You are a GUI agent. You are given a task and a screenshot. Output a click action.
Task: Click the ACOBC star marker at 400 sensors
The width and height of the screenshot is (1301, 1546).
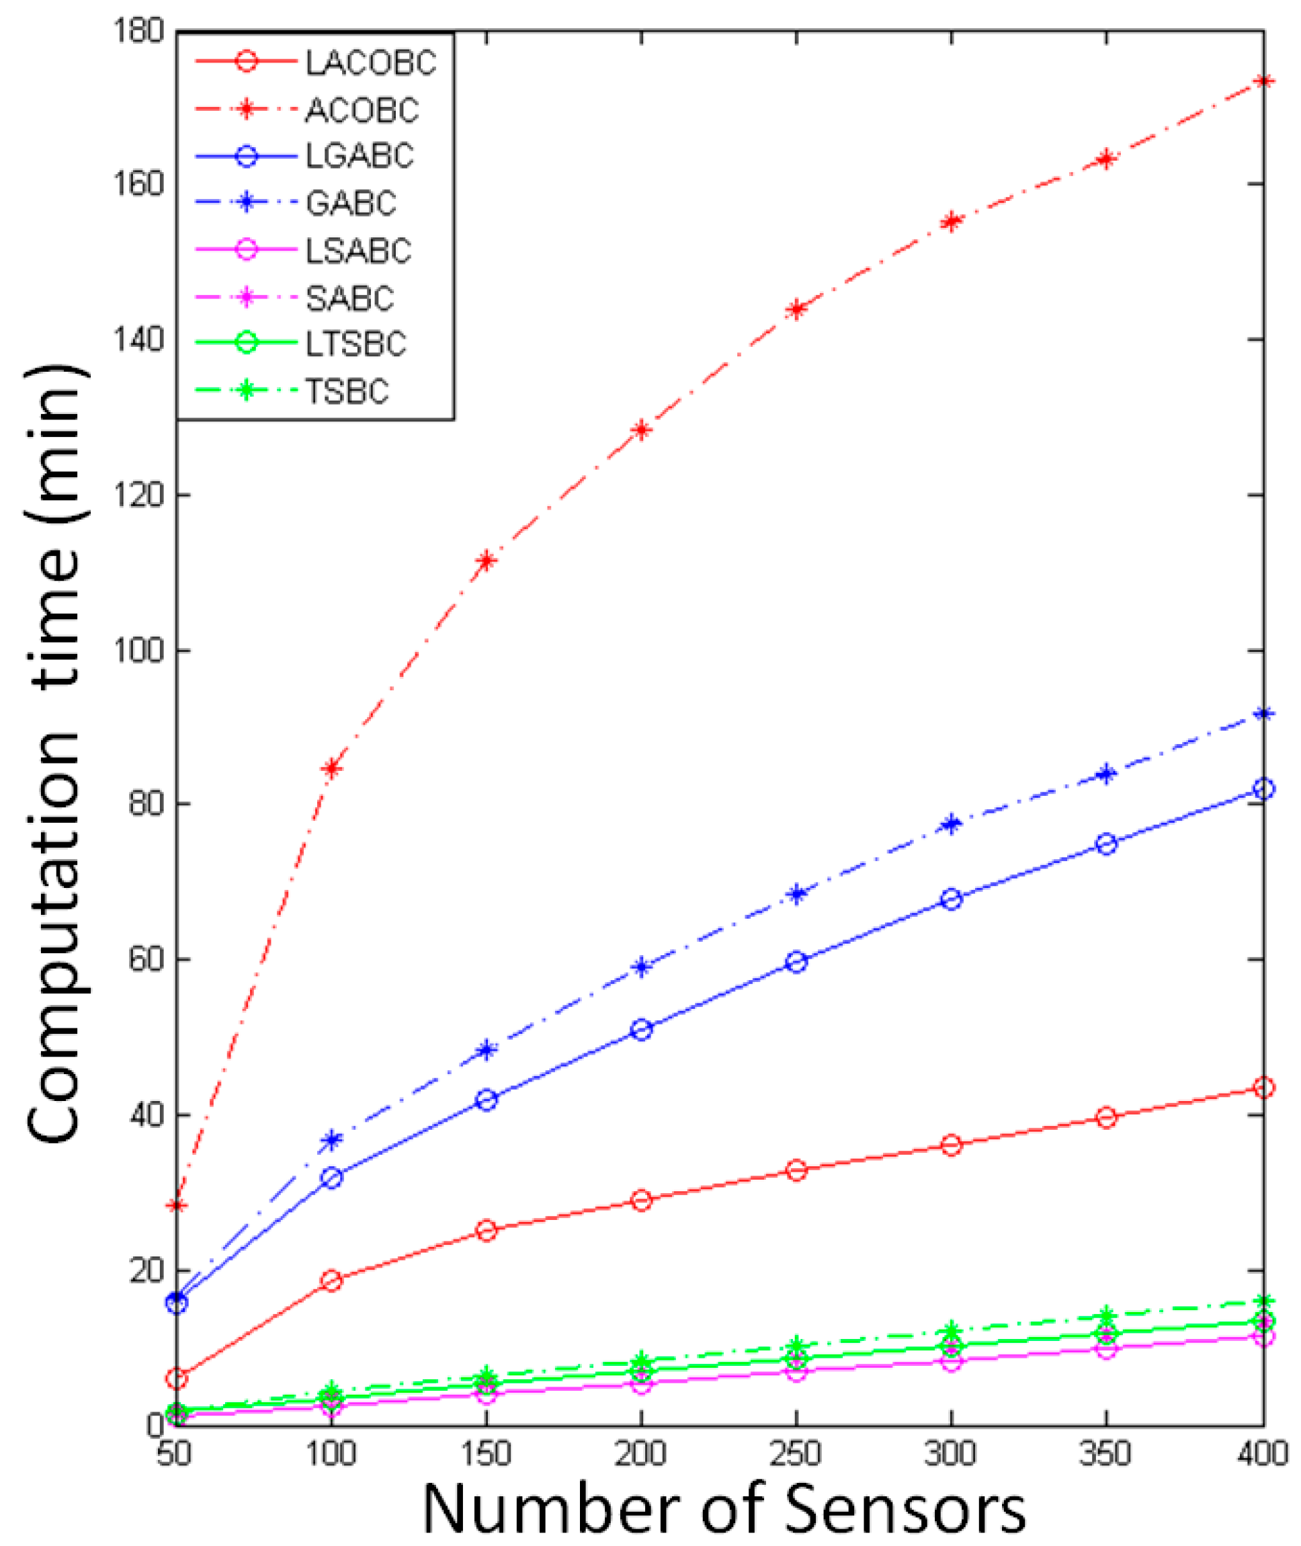click(1263, 81)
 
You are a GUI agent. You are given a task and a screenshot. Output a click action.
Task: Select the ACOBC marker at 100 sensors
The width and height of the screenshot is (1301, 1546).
click(332, 768)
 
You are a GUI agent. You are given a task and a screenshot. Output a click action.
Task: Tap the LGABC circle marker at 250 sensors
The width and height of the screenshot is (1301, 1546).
click(796, 962)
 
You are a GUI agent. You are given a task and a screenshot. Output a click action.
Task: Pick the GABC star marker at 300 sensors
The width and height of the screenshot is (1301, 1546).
click(952, 823)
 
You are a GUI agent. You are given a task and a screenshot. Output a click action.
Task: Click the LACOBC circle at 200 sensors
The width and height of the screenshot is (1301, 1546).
click(642, 1200)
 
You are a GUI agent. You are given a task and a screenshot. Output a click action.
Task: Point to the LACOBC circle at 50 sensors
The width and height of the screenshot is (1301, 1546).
click(177, 1378)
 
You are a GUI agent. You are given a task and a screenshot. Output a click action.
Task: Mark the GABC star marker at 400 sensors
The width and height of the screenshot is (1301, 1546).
click(1263, 713)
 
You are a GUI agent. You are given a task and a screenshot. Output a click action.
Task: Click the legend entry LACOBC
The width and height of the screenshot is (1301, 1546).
click(371, 63)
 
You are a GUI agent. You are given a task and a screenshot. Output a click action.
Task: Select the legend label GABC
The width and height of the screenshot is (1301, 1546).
click(351, 204)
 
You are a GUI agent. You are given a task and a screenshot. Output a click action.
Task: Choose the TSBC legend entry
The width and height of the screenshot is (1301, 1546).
click(347, 392)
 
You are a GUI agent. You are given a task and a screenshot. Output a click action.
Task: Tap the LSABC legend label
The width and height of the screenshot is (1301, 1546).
click(358, 251)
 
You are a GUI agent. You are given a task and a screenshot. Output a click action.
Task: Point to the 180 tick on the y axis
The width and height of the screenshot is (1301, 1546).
click(138, 31)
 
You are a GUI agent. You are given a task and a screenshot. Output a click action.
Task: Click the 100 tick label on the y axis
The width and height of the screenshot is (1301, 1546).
click(138, 651)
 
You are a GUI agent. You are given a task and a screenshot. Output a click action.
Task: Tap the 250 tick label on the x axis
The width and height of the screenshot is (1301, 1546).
click(796, 1454)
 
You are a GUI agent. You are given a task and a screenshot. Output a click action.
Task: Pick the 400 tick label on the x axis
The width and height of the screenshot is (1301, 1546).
click(1263, 1454)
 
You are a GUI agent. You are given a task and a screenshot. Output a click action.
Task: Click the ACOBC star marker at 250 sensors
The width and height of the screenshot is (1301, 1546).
click(796, 309)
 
